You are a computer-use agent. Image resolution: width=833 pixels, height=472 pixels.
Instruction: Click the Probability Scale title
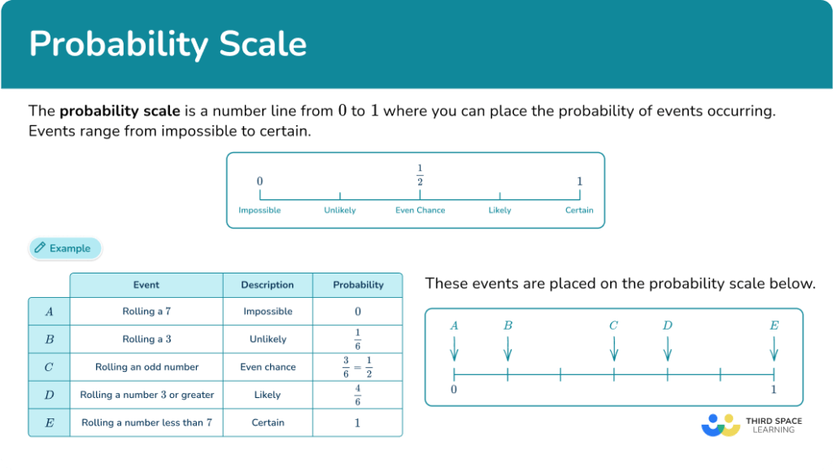(168, 44)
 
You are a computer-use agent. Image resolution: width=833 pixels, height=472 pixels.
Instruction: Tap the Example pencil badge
(65, 248)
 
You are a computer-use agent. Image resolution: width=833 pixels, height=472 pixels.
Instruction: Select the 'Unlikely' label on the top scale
(339, 210)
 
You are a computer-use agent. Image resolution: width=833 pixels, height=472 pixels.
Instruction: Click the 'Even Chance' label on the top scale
(420, 210)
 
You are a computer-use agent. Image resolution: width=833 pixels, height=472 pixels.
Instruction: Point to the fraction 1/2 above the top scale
(420, 174)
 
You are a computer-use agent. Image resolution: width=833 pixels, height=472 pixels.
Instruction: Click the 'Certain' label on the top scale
(579, 210)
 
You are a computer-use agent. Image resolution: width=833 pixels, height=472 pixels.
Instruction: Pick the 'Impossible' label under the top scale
(259, 210)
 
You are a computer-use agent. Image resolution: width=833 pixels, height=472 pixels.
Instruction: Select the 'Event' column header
(146, 285)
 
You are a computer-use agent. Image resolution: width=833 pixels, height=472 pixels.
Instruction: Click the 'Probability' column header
(358, 285)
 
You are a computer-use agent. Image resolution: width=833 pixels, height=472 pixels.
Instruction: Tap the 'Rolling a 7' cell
(146, 312)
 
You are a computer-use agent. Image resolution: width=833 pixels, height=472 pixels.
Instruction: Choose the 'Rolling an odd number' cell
(146, 367)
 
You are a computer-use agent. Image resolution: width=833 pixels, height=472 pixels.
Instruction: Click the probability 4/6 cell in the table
(358, 395)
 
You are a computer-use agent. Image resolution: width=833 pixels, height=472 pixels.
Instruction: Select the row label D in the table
(49, 395)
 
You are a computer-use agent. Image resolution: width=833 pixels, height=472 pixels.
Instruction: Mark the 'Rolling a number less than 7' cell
(146, 422)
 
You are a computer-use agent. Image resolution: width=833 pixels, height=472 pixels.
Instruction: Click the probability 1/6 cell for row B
(358, 339)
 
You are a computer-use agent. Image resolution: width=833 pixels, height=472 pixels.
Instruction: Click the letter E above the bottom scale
(774, 326)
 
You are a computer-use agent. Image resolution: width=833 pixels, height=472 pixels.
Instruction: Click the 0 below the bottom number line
(454, 389)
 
